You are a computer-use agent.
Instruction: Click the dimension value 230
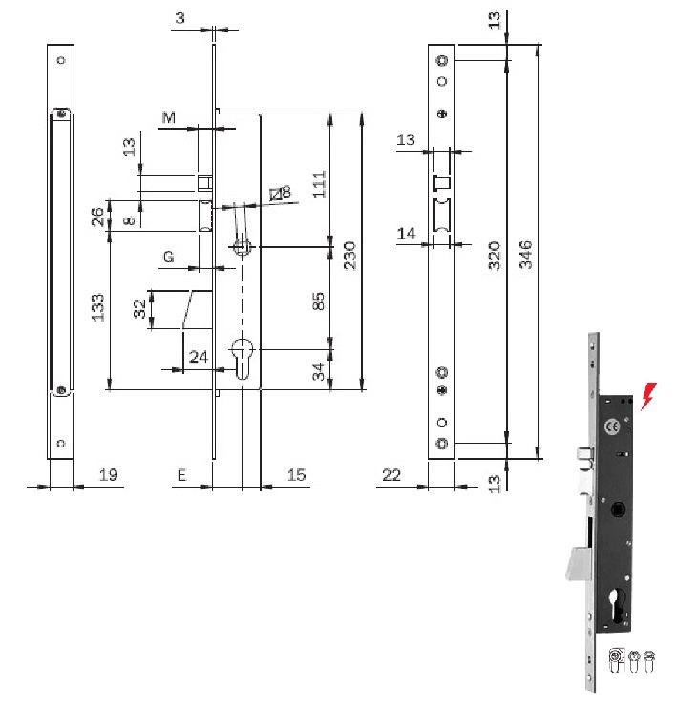pos(349,256)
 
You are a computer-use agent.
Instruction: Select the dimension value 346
pos(526,256)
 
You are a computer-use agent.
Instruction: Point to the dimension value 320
pos(495,256)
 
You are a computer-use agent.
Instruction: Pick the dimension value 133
pos(98,307)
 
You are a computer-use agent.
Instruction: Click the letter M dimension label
pos(169,118)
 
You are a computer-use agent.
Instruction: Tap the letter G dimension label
pos(168,257)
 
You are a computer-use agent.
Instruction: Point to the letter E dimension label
pos(180,474)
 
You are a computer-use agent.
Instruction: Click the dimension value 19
pos(109,474)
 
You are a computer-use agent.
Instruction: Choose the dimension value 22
pos(391,474)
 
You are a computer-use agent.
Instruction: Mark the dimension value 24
pos(198,357)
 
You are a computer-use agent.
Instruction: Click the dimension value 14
pos(406,233)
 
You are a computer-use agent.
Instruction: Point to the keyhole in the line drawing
pos(243,355)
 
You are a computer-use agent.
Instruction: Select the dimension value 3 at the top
pos(180,18)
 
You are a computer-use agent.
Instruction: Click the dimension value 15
pos(296,474)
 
